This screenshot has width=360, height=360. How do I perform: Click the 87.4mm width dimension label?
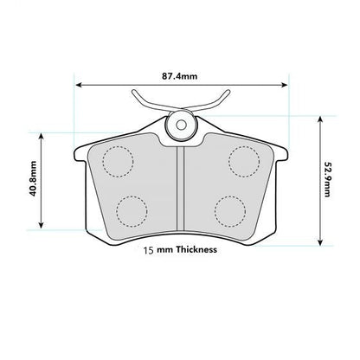click(181, 76)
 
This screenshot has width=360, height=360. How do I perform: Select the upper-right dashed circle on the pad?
click(241, 159)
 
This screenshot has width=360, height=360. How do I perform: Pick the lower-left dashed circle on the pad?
click(132, 209)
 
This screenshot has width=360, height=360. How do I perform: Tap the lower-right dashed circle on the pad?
click(228, 209)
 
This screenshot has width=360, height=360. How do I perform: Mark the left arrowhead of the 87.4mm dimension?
click(78, 86)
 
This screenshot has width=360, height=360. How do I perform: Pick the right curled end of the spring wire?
click(228, 94)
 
